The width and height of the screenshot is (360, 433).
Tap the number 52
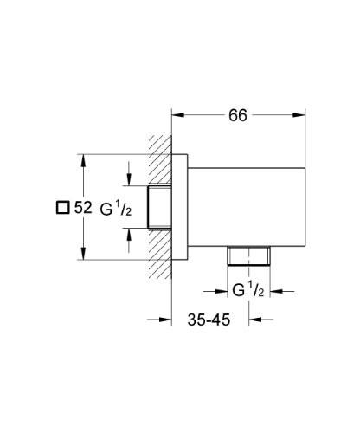[x=85, y=208]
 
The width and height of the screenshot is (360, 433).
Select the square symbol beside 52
[x=61, y=208]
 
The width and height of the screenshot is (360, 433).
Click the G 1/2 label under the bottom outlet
[x=248, y=288]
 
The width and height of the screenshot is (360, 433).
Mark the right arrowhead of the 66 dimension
[x=302, y=113]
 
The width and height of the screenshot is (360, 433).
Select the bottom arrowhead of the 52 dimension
[x=82, y=256]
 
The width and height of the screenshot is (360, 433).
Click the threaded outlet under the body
[x=248, y=256]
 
